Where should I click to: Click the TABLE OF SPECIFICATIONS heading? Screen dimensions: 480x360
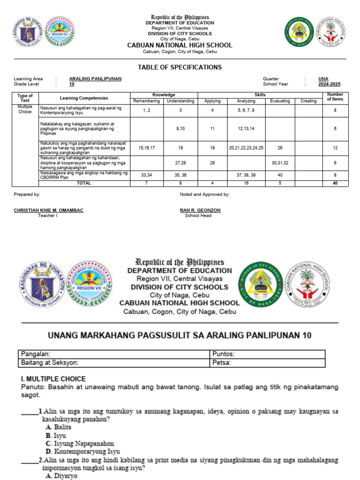(180, 67)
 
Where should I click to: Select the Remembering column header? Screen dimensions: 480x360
(147, 101)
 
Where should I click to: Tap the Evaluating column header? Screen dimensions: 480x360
(280, 101)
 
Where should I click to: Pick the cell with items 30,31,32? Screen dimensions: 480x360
(280, 163)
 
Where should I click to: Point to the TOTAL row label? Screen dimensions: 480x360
(84, 183)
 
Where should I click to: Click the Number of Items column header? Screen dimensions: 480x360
(335, 97)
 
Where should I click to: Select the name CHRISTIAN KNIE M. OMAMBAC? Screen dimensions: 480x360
(49, 210)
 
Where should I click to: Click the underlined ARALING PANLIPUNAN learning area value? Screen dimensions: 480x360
(95, 79)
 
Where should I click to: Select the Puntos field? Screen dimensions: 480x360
(267, 354)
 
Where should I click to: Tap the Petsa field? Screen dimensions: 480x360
(267, 363)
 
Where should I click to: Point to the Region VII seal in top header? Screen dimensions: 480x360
(59, 32)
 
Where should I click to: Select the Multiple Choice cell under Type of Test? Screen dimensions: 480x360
(25, 109)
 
